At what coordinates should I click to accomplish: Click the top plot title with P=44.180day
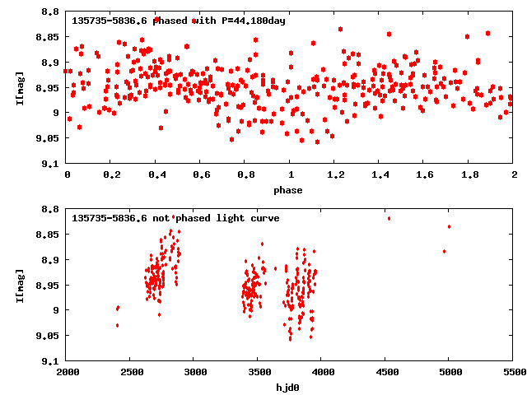(179, 21)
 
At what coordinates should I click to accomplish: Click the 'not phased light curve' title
(175, 218)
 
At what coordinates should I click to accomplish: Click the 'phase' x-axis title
(290, 190)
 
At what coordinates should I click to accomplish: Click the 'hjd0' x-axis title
(290, 387)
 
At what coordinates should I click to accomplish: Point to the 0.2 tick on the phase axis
(111, 175)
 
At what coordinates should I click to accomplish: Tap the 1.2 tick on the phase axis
(335, 175)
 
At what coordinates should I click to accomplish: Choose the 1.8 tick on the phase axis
(469, 175)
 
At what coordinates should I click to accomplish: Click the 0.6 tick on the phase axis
(201, 175)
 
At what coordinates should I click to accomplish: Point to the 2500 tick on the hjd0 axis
(130, 372)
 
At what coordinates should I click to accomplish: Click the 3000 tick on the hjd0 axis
(194, 372)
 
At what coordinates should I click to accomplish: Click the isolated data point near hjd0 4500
(389, 218)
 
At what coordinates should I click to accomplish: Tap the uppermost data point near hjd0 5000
(449, 226)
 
